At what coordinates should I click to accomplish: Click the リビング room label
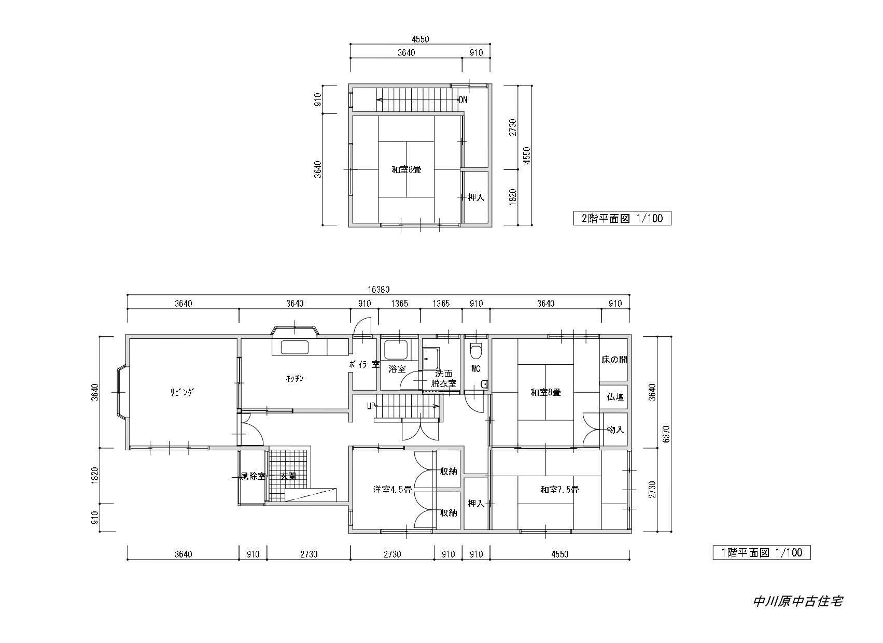(182, 392)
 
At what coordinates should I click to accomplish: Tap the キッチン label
(295, 378)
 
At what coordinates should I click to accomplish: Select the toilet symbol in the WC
(476, 351)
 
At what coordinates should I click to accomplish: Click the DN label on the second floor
(463, 100)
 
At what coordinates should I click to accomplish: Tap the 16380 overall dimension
(379, 290)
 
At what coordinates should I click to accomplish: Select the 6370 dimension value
(666, 434)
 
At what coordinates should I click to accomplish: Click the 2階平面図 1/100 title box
(622, 218)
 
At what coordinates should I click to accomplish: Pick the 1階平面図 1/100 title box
(762, 553)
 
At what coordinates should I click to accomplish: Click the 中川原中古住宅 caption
(798, 601)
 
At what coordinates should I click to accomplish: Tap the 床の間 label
(614, 360)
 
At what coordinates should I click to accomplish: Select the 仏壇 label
(615, 397)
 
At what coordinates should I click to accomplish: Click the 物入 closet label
(615, 430)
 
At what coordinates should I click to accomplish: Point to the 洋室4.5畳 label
(392, 490)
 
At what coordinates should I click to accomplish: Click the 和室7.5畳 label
(560, 490)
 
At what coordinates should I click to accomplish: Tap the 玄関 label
(288, 476)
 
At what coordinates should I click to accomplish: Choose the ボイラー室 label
(364, 364)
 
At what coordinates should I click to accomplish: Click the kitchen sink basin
(295, 348)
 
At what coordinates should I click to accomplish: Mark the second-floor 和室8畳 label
(407, 170)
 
